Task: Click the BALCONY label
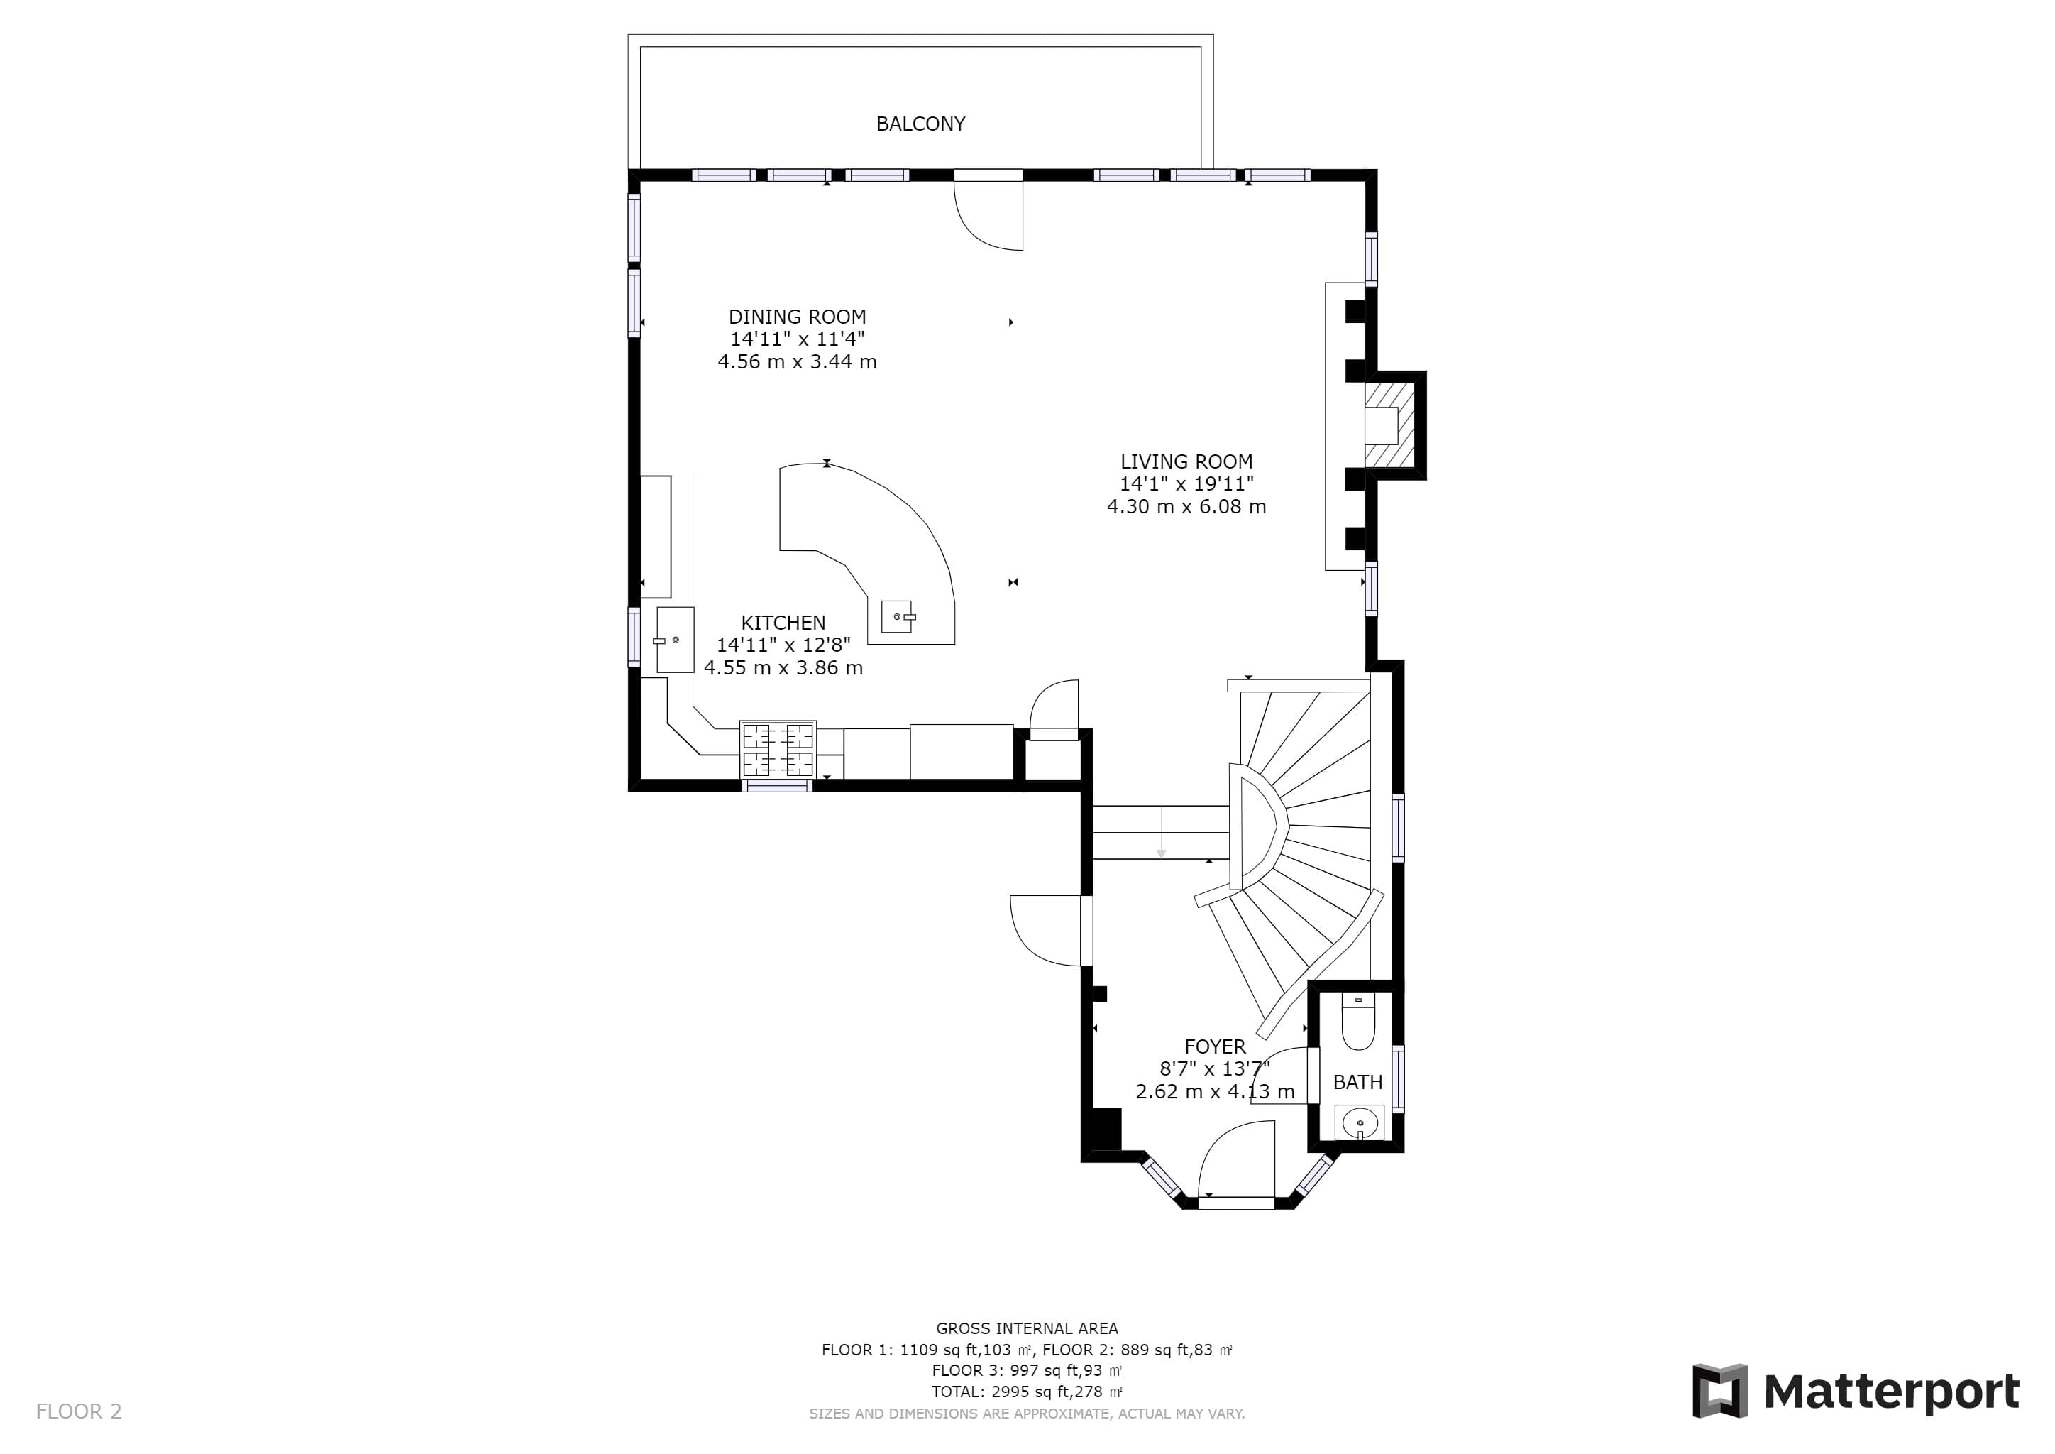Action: point(920,124)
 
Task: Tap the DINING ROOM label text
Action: point(797,317)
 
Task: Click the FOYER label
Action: point(1215,1046)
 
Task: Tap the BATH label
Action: point(1357,1083)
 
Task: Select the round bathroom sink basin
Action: point(1360,1122)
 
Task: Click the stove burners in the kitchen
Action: point(778,750)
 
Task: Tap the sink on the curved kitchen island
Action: point(898,616)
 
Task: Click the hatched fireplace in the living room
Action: point(1390,425)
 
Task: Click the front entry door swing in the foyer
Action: point(1235,1159)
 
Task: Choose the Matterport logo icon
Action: point(1719,1392)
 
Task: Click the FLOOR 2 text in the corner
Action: point(79,1412)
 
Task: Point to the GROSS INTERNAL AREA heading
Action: point(1027,1328)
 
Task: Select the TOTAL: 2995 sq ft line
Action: point(1027,1392)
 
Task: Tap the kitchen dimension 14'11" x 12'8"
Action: point(783,645)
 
